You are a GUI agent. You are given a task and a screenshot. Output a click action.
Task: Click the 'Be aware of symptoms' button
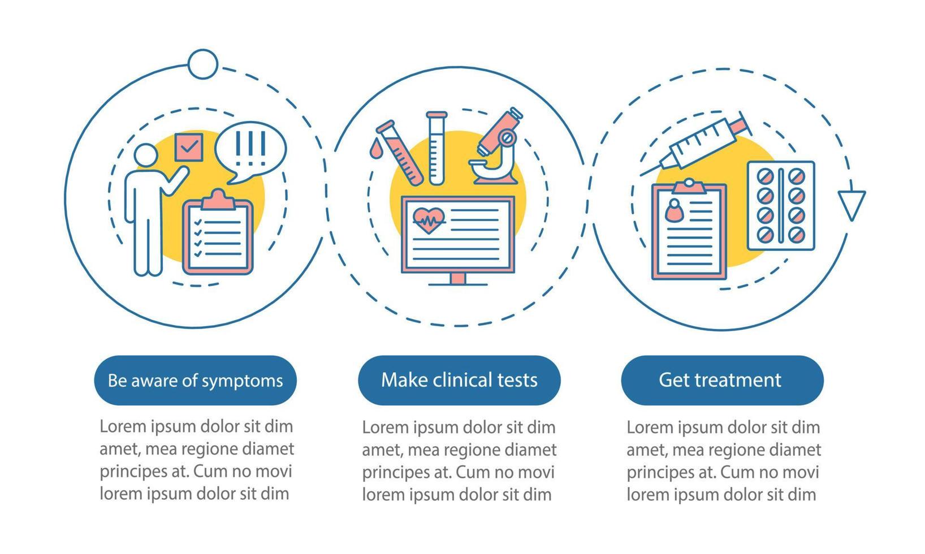tap(195, 380)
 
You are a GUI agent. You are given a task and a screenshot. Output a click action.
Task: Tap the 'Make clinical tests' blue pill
tap(459, 380)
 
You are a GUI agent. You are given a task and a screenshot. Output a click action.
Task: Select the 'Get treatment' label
tap(720, 380)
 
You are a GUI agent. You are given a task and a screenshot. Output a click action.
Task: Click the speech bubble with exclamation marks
tap(250, 149)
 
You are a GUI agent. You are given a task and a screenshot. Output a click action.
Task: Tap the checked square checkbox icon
tap(188, 147)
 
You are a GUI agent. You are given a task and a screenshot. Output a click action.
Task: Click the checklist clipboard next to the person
tap(218, 235)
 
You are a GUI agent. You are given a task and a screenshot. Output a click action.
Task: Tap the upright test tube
tap(436, 148)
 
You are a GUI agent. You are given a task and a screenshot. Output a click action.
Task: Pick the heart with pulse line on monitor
tap(429, 220)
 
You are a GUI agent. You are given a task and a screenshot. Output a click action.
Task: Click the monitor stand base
tap(458, 282)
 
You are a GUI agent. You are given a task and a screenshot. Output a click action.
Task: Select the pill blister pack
tap(781, 206)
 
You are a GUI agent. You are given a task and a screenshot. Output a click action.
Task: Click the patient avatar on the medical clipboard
tap(674, 211)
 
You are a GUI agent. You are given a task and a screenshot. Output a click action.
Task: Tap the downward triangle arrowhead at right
tap(851, 205)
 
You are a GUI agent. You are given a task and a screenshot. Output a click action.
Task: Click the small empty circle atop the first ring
tap(202, 64)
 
